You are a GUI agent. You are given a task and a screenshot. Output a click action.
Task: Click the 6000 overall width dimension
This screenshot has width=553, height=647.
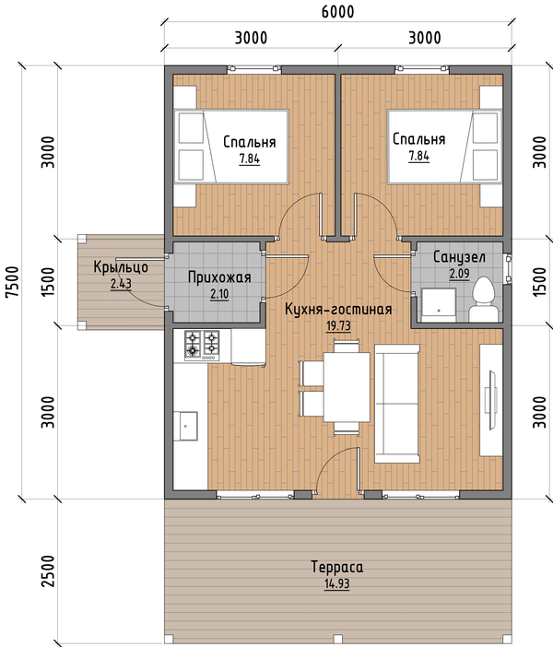337,12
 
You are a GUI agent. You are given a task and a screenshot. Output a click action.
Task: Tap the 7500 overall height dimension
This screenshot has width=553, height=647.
12,281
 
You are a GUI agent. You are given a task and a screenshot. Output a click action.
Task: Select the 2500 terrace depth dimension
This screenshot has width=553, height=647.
48,571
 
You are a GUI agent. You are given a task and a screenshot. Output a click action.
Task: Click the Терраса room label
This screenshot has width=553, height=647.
336,567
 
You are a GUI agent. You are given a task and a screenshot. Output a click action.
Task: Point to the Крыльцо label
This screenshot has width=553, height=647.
121,266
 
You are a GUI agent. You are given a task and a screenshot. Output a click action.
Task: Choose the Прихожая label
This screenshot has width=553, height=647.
219,276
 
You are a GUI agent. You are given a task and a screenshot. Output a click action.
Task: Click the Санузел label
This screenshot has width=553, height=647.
459,257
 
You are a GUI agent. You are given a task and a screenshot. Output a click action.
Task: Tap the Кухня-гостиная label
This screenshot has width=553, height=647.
338,309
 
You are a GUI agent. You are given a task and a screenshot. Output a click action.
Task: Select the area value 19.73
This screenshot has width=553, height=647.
338,326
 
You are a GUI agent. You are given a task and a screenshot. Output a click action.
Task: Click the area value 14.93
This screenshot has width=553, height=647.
336,584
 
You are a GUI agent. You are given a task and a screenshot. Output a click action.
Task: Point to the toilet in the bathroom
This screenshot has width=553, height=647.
484,300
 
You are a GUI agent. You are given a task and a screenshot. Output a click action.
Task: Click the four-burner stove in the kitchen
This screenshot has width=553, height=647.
202,345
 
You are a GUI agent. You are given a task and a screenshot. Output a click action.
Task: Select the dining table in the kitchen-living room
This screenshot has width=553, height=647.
347,386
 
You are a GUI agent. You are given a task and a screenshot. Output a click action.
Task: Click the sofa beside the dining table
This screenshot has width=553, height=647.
397,404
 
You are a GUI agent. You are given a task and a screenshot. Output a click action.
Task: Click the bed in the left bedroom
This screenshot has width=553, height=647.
231,147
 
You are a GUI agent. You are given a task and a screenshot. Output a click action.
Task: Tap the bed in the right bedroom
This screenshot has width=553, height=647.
445,147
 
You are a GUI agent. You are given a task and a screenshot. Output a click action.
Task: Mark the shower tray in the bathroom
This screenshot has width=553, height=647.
439,305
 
